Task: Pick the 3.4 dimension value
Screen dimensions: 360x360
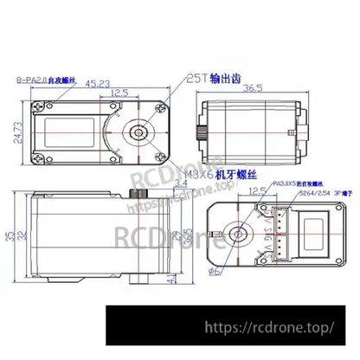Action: (178, 183)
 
